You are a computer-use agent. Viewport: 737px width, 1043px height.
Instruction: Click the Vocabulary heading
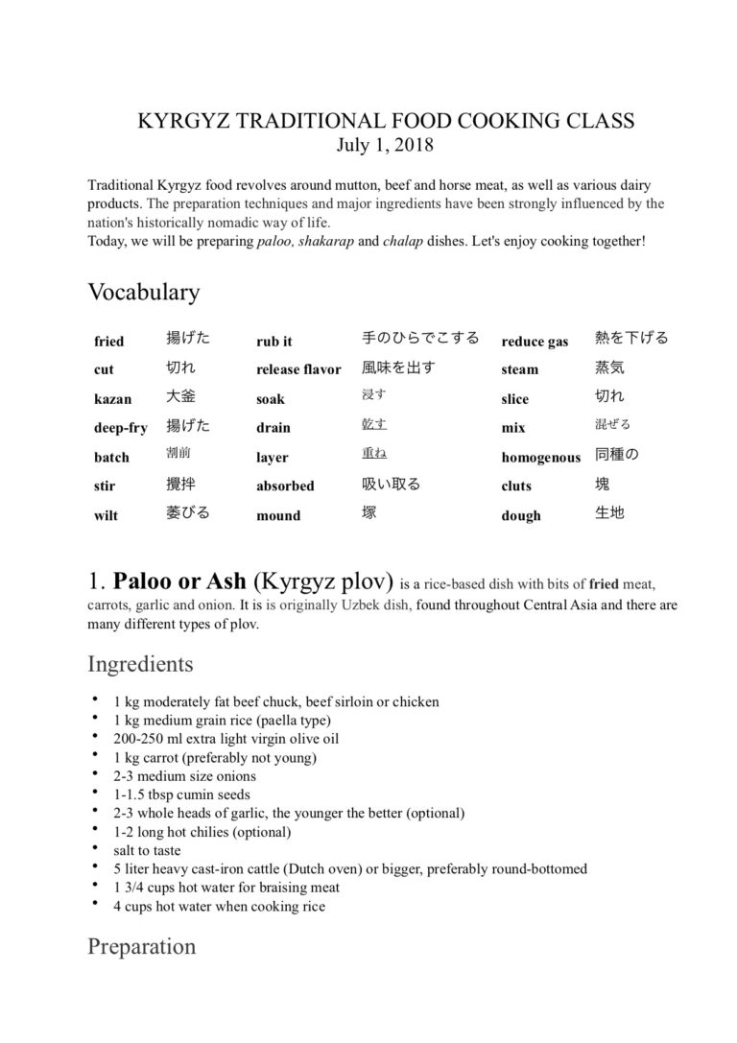(x=143, y=292)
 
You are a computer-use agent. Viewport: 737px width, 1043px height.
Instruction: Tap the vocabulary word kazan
(x=113, y=399)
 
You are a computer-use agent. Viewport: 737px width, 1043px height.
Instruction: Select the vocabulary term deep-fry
(x=120, y=428)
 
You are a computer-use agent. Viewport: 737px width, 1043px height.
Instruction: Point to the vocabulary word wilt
(x=107, y=515)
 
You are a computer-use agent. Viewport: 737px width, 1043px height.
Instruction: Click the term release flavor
(x=298, y=369)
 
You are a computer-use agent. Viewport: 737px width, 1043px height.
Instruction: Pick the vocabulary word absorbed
(x=285, y=486)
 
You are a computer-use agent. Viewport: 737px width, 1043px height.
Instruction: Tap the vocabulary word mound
(x=278, y=515)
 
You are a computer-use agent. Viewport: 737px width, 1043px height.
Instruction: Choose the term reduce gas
(x=535, y=342)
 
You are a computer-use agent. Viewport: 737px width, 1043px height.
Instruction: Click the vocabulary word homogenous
(x=540, y=458)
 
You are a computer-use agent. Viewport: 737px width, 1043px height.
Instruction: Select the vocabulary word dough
(x=520, y=515)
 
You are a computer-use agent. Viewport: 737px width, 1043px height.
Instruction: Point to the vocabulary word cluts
(x=516, y=486)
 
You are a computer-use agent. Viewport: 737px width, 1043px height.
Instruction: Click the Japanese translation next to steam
(x=609, y=367)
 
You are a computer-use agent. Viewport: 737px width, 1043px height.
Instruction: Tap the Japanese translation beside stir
(x=180, y=485)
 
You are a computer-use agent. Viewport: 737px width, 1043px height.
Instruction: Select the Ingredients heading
(x=140, y=664)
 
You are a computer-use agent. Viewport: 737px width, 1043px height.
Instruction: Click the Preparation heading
(x=142, y=946)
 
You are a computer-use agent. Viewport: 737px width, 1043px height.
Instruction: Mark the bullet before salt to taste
(x=96, y=849)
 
